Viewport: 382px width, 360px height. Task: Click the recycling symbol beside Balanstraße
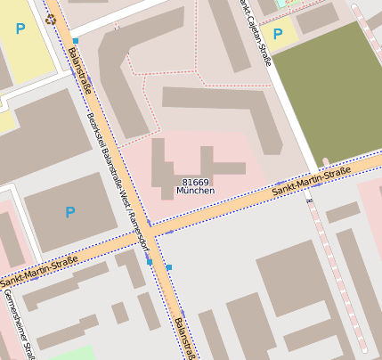[51, 18]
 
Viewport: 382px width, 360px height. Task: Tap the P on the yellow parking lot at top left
[20, 29]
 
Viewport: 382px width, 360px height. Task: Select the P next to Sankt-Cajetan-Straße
[277, 35]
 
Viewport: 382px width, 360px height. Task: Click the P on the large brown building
[70, 212]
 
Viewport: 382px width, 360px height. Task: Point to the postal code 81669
[195, 181]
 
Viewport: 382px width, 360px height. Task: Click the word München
[195, 191]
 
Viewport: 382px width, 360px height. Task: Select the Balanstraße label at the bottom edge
[183, 338]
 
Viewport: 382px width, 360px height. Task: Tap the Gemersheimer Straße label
[17, 324]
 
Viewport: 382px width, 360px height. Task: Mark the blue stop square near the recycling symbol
[76, 41]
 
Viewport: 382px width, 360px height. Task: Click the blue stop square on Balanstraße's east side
[168, 267]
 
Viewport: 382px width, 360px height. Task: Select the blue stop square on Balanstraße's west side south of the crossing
[149, 261]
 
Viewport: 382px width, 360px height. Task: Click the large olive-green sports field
[329, 89]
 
